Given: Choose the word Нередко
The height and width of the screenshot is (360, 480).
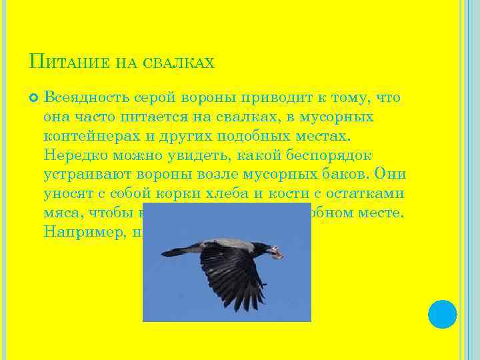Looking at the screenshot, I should tap(73, 154).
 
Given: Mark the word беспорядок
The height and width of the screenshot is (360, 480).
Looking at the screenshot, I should tap(313, 154).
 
